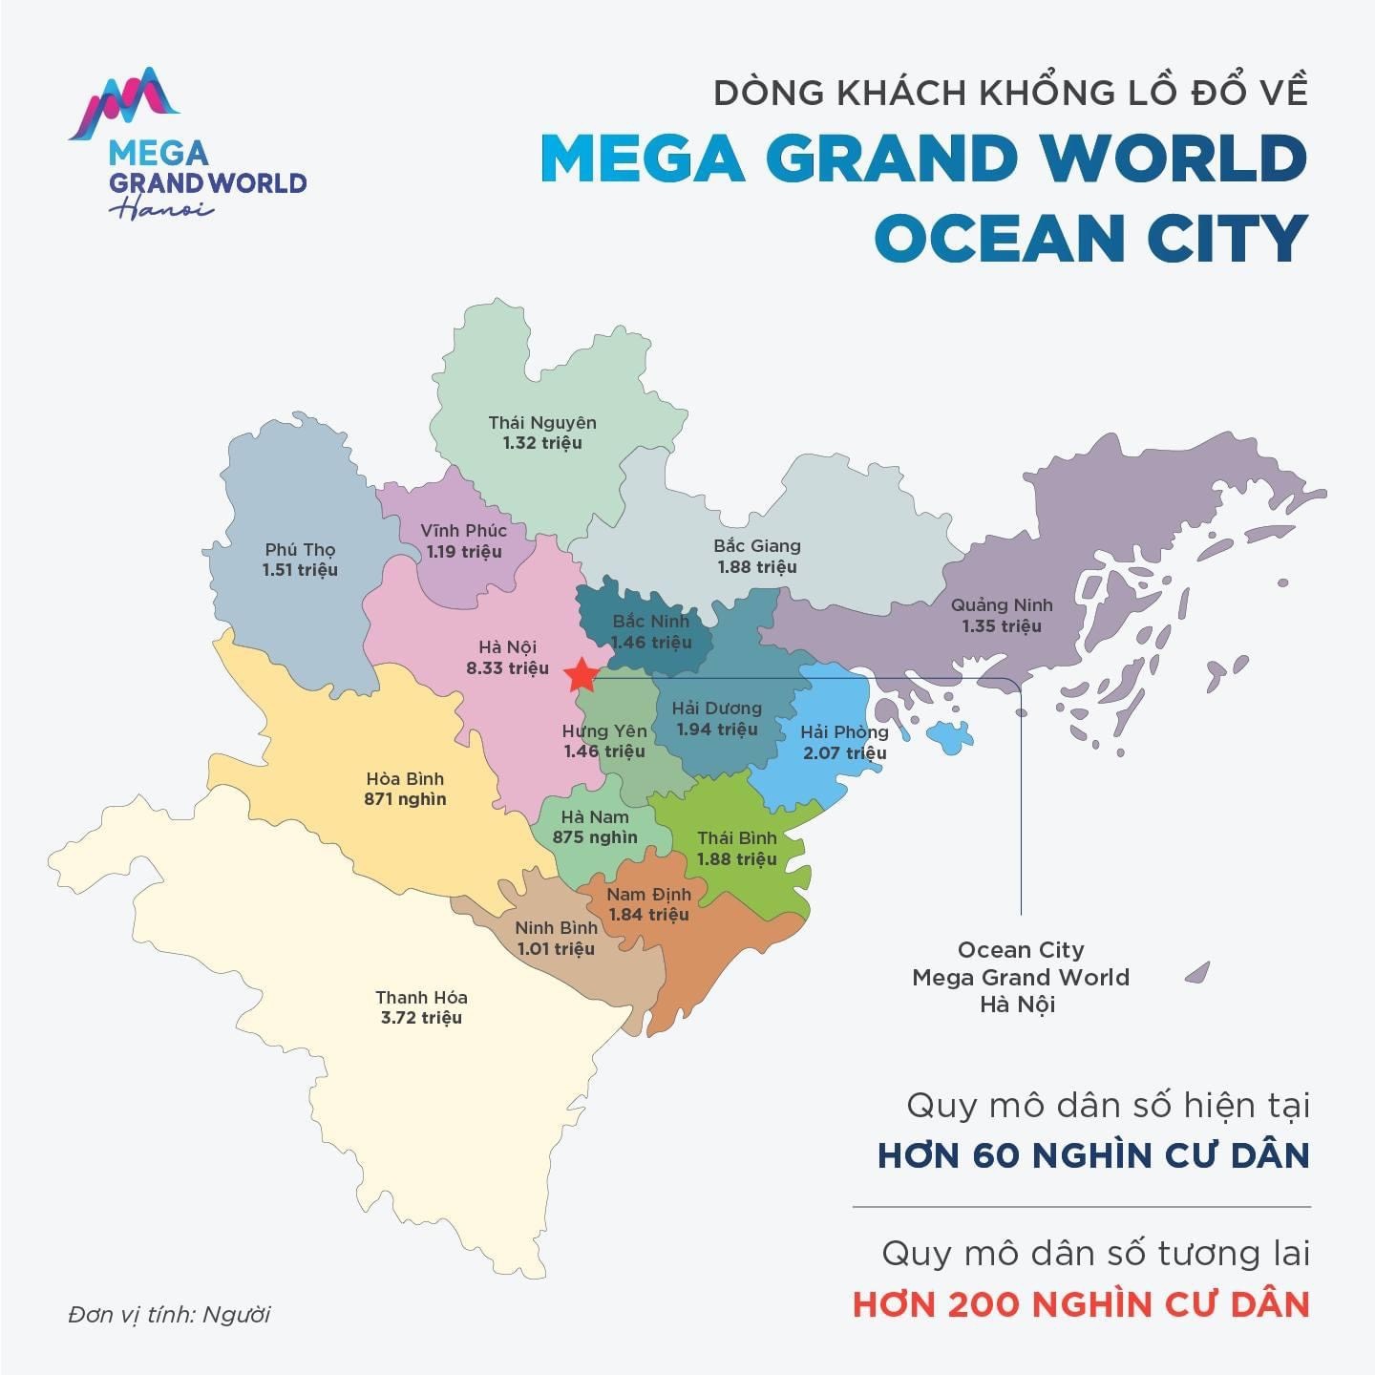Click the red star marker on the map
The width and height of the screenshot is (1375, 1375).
pos(581,675)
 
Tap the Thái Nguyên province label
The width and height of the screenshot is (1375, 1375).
pos(542,422)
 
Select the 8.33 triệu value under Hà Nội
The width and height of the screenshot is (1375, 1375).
pos(507,668)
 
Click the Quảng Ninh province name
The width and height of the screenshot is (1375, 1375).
pos(1002,605)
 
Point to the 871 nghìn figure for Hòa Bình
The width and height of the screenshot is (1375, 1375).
pos(405,799)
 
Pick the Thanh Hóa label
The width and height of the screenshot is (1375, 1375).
pos(421,998)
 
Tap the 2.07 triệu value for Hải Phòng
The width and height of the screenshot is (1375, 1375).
pos(844,753)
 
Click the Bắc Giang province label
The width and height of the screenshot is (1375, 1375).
pos(757,546)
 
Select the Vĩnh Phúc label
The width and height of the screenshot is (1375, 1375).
pos(464,531)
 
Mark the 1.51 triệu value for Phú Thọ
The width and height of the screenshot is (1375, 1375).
pos(300,570)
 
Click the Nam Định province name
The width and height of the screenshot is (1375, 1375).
pos(648,895)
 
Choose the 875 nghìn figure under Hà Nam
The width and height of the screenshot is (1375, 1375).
pos(595,837)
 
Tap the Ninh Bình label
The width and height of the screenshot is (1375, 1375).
pos(556,928)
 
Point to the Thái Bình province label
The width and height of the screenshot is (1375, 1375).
pos(736,838)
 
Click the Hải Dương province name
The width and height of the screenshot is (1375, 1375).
pos(716,709)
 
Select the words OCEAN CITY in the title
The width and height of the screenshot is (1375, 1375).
pos(1089,239)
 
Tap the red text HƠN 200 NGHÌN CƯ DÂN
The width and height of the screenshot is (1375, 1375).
pos(1080,1304)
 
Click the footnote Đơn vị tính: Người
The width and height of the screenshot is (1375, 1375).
pos(169,1315)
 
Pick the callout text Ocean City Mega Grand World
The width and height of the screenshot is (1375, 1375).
pos(1020,964)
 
